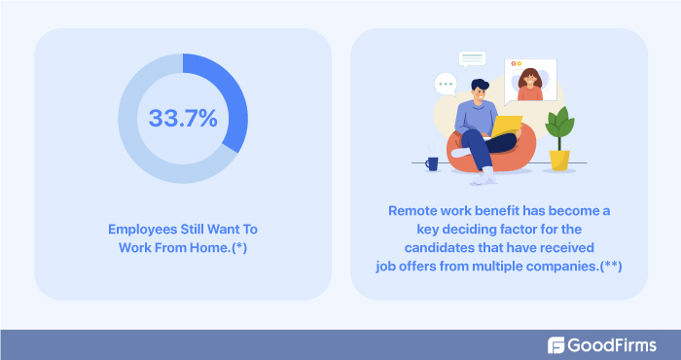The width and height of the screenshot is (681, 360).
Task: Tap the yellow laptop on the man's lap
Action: (506, 126)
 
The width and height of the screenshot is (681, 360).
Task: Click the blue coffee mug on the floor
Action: (431, 164)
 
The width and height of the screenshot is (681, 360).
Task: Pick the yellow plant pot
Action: (558, 160)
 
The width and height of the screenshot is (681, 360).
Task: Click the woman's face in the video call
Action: (530, 78)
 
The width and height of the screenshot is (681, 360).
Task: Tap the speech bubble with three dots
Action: (447, 85)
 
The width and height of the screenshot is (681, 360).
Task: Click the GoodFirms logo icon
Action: (556, 344)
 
